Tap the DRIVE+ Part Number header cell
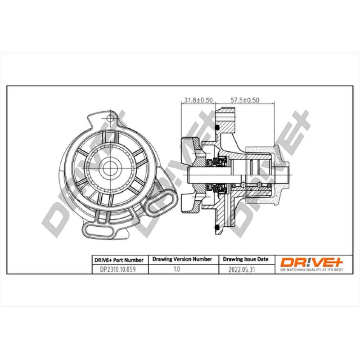119,260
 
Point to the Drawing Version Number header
182,260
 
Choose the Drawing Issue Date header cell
246,260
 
